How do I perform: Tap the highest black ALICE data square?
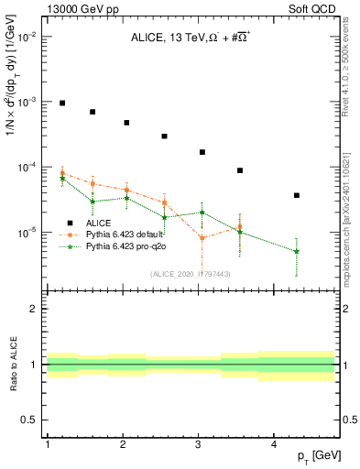point(62,103)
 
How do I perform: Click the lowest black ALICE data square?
point(297,195)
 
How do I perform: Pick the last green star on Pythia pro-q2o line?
point(297,251)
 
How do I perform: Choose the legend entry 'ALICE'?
point(101,223)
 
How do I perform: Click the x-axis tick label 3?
point(199,444)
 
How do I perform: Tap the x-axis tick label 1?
point(47,444)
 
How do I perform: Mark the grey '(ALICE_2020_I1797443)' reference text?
point(190,273)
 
